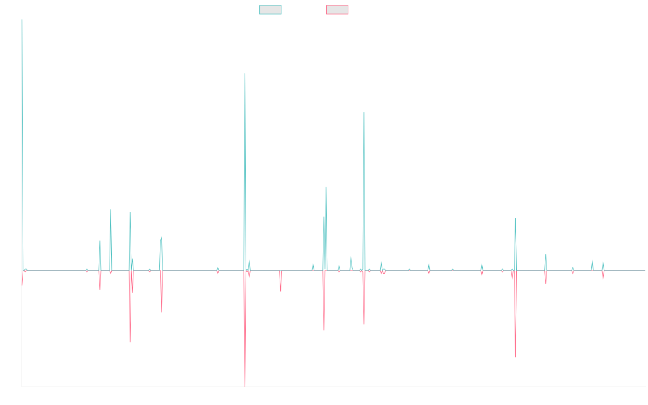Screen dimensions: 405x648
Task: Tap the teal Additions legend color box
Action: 271,10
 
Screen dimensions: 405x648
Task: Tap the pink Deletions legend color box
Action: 337,10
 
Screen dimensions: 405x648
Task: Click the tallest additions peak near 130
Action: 245,74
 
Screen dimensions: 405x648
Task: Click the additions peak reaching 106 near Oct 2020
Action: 364,113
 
